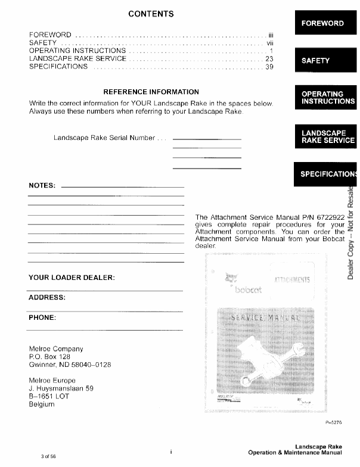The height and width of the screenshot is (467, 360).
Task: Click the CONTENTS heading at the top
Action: coord(151,14)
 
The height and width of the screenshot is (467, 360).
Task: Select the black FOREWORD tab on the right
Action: coord(322,23)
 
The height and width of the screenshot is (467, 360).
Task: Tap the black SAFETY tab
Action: coord(315,61)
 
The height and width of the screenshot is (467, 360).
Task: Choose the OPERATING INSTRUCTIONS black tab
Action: coord(327,98)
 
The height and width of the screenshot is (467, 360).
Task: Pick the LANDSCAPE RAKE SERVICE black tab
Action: coord(327,136)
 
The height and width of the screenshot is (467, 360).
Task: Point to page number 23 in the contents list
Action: coord(269,59)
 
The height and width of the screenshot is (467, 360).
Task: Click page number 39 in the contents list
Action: coord(269,67)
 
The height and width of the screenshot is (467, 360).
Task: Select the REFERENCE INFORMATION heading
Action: coord(151,92)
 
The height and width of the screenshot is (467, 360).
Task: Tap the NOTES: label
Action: coord(42,185)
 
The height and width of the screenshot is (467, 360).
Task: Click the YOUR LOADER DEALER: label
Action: coord(72,278)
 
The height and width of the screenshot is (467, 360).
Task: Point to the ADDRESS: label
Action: coord(46,297)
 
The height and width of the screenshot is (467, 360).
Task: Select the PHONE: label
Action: coord(42,317)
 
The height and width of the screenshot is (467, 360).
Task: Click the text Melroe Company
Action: coord(56,349)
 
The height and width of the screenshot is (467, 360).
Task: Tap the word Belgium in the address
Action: coord(41,404)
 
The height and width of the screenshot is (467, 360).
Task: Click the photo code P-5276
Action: coord(334,422)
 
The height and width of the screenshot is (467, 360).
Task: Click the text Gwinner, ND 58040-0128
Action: coord(70,365)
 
